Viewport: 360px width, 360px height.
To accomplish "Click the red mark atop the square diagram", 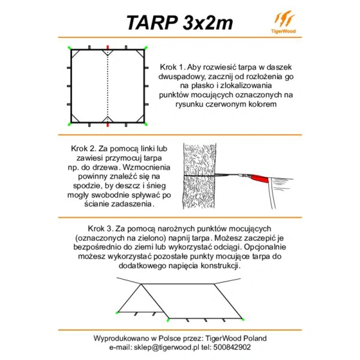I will pos(107,47).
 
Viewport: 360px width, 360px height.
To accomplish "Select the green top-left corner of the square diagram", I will pos(70,47).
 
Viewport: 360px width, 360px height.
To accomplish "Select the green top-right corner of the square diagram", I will pos(146,47).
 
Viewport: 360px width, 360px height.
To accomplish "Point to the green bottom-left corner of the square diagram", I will pos(70,124).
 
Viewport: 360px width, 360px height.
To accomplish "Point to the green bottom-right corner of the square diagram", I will pos(146,124).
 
